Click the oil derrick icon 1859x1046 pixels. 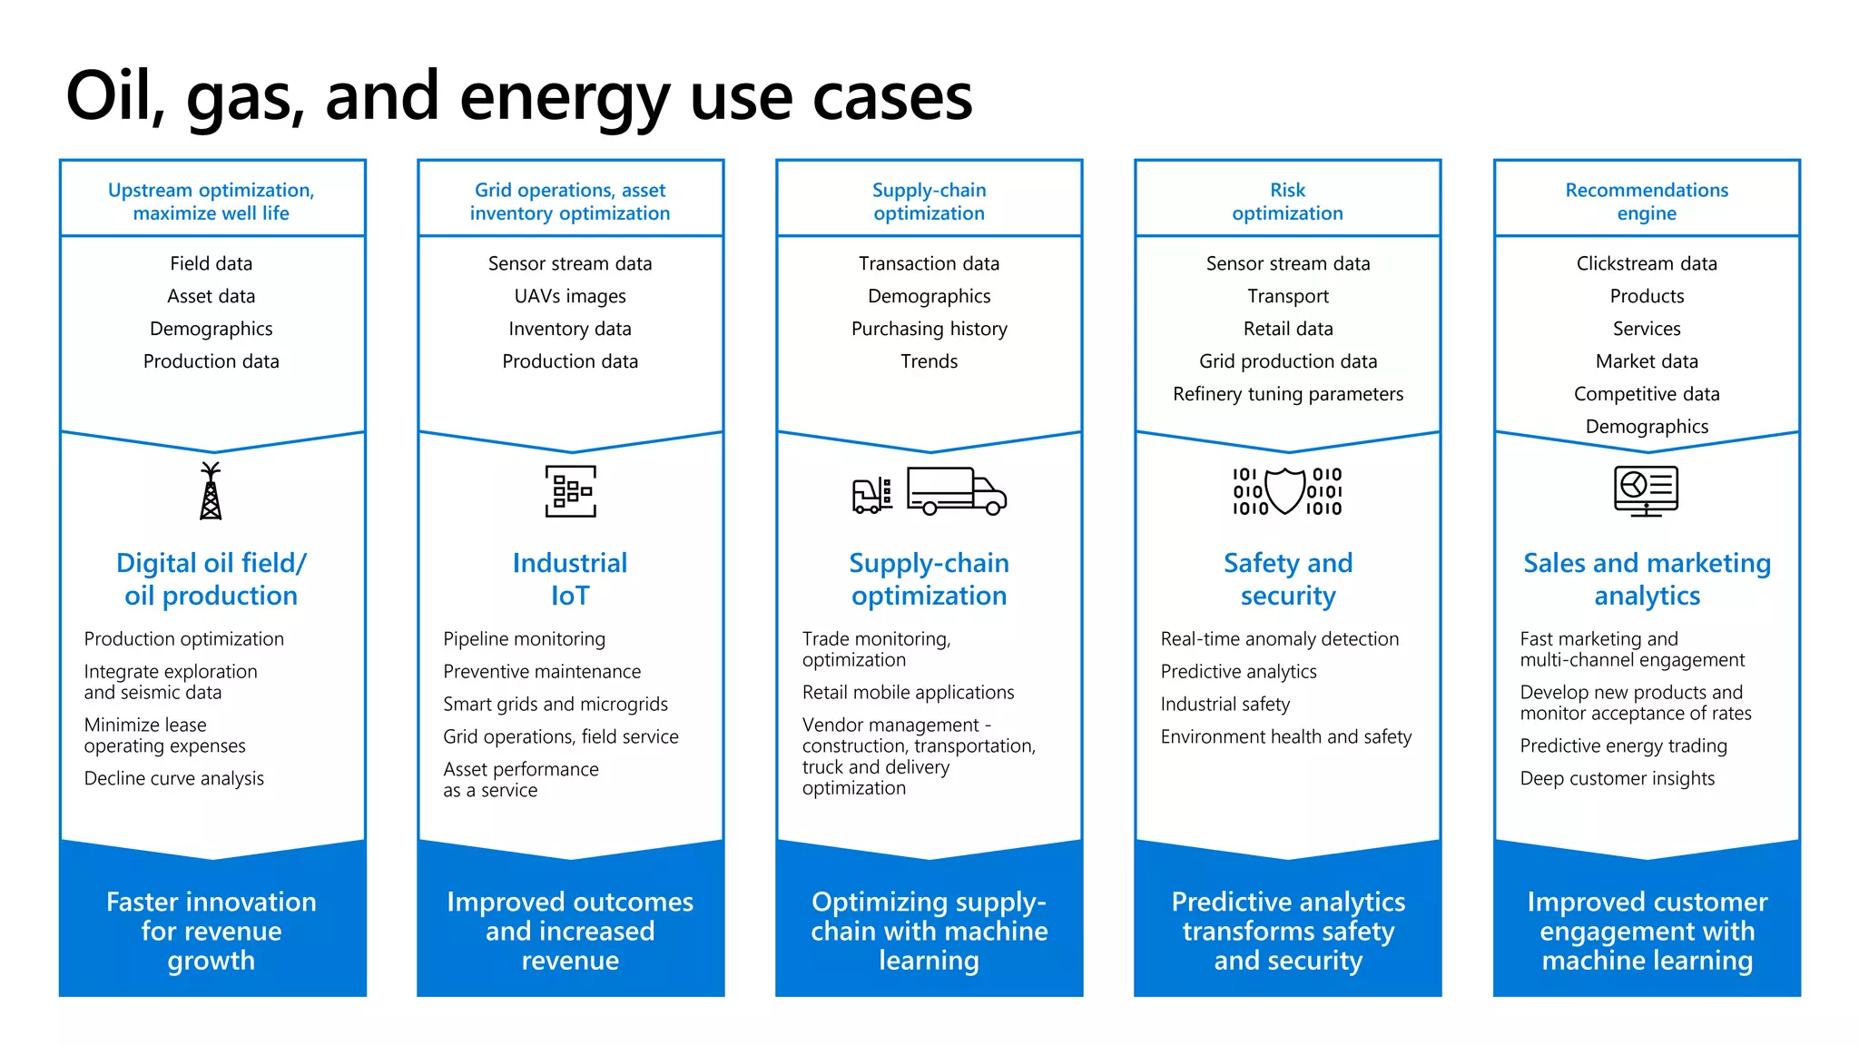211,491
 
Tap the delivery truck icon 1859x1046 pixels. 957,491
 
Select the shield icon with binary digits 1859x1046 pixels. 1286,491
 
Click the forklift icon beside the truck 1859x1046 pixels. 871,496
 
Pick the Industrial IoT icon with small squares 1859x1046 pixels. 570,491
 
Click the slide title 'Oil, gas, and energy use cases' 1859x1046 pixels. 518,96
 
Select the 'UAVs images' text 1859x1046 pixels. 570,296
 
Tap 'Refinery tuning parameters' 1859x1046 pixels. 1287,394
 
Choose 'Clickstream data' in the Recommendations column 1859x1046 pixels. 1646,263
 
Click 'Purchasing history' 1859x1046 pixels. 929,329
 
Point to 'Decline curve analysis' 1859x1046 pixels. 174,778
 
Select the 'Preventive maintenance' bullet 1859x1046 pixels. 542,671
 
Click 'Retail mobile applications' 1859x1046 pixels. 908,692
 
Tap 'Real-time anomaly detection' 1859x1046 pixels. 1279,638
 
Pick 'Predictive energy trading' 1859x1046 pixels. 1623,745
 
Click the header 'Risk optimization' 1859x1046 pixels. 1287,202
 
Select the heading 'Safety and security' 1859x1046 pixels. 1287,579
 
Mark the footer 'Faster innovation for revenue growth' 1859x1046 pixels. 211,931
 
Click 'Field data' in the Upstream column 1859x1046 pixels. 211,263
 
